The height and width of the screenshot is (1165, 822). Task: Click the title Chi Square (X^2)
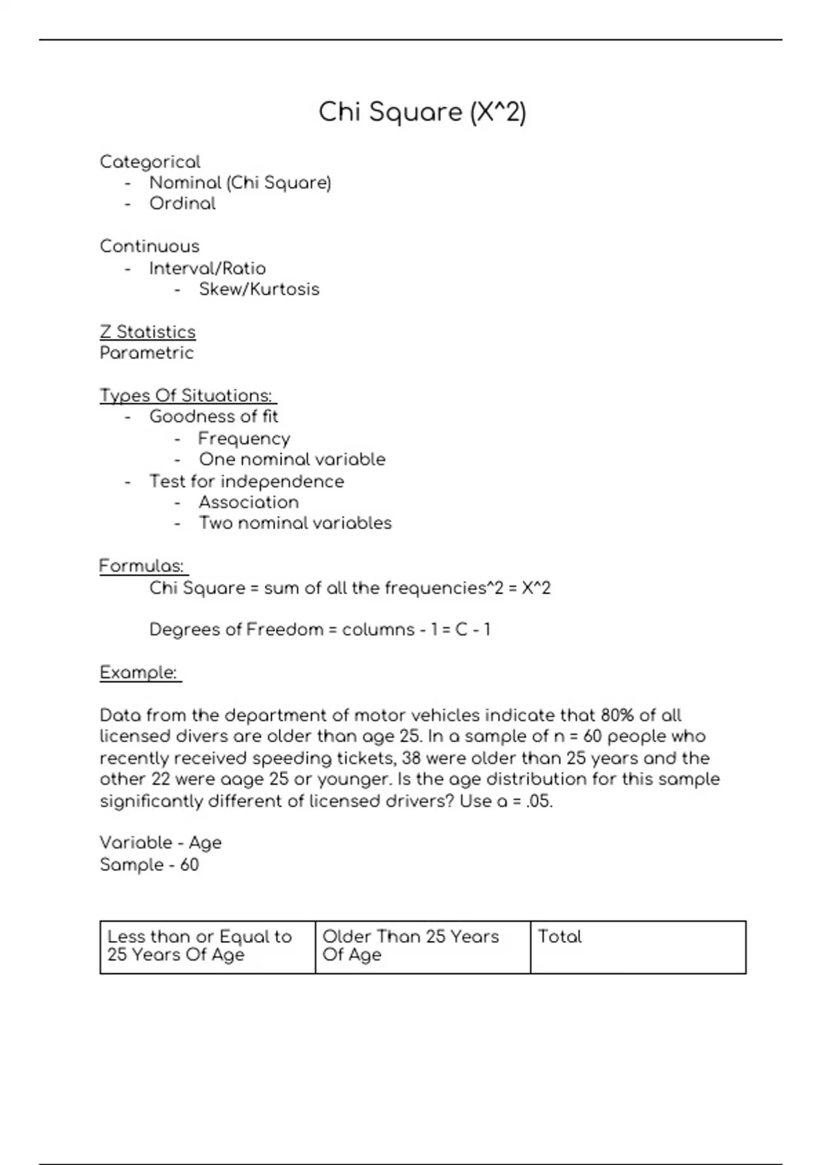(x=422, y=112)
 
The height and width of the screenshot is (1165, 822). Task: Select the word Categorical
(x=150, y=162)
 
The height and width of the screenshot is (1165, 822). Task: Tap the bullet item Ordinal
(x=182, y=204)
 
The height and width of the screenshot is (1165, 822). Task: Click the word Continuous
(x=149, y=247)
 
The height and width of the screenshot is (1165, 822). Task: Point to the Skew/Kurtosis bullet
(x=259, y=289)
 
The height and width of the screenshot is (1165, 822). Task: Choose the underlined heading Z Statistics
(x=147, y=332)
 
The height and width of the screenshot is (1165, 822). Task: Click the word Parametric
(x=147, y=353)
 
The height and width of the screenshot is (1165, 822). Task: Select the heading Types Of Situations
(x=186, y=396)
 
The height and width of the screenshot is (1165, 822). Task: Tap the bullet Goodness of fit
(x=214, y=417)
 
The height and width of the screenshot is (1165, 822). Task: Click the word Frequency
(x=244, y=439)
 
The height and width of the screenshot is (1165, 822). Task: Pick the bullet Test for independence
(x=247, y=482)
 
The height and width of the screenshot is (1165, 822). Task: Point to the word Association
(x=249, y=502)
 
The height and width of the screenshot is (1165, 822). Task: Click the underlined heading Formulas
(x=142, y=566)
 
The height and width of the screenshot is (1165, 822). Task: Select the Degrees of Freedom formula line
(x=320, y=630)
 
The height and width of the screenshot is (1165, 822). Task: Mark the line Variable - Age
(x=160, y=843)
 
